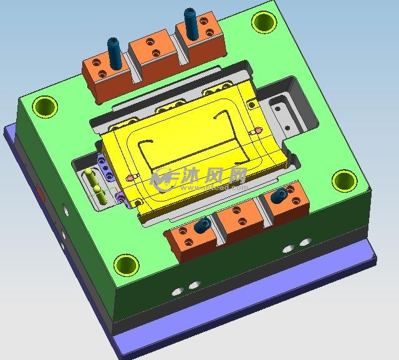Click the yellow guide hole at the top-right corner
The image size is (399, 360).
point(264,23)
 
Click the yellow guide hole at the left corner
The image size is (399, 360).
point(45,107)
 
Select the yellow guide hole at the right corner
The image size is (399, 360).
point(344,181)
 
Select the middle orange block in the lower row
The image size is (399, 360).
point(239,218)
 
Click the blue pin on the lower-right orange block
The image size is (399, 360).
point(280,195)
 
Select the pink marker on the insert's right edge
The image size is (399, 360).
point(256,132)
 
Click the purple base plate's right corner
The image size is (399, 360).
point(375,256)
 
